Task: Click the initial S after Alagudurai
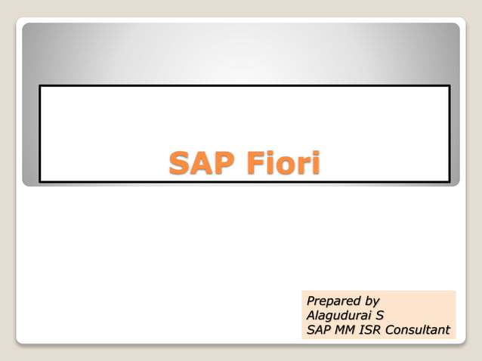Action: pyautogui.click(x=380, y=315)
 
